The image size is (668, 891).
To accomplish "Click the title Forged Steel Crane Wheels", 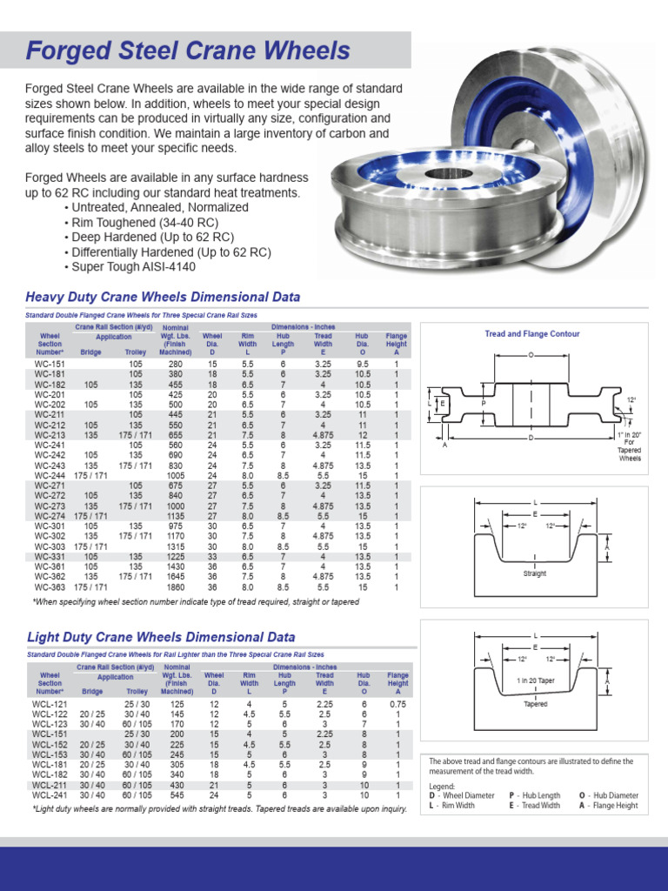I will [x=188, y=50].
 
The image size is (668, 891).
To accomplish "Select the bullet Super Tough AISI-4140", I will [x=130, y=267].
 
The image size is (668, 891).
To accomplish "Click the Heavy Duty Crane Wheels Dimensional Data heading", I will [x=164, y=297].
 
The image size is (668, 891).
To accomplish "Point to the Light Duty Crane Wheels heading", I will [x=161, y=638].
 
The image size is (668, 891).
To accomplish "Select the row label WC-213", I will [x=49, y=435].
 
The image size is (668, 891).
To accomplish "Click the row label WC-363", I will [x=49, y=587].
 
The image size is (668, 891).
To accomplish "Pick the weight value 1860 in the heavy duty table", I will [x=176, y=587].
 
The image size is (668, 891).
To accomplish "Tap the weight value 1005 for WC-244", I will [x=176, y=476].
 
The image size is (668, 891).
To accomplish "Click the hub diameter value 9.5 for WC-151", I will [x=363, y=364].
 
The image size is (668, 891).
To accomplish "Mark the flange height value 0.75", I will [x=397, y=704].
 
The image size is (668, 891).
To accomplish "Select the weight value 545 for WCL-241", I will [x=177, y=794].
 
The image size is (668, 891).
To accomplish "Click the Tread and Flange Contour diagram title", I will [x=531, y=334].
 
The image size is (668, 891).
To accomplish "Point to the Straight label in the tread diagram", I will [x=534, y=574].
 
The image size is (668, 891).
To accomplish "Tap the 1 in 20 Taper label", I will [x=534, y=680].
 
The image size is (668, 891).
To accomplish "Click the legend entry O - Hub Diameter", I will [x=608, y=795].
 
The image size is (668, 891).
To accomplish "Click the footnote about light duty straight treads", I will [x=219, y=809].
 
